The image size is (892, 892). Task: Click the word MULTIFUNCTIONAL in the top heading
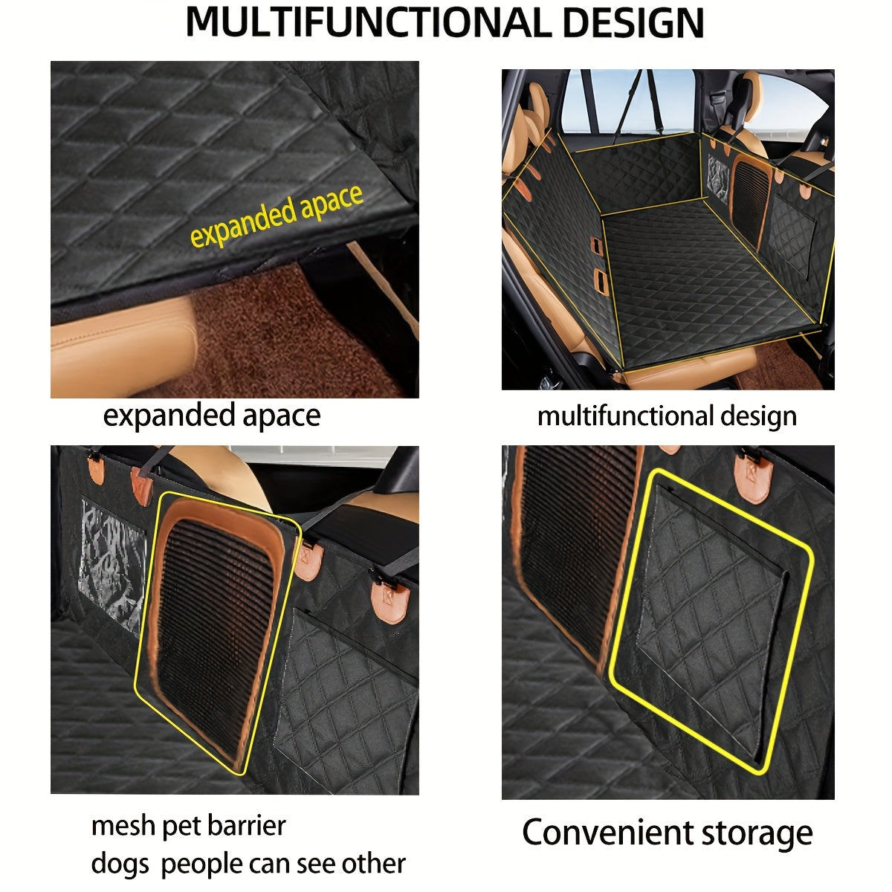click(368, 22)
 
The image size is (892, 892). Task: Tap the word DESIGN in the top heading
click(633, 22)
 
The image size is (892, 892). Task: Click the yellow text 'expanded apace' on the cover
click(277, 215)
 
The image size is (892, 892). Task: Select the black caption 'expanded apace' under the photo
click(212, 416)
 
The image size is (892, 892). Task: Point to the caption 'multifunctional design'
click(667, 416)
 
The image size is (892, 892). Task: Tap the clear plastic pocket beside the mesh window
click(112, 566)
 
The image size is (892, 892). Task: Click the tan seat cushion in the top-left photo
click(123, 347)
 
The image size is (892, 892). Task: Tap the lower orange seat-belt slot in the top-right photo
click(601, 282)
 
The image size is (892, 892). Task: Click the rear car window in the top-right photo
click(627, 102)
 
